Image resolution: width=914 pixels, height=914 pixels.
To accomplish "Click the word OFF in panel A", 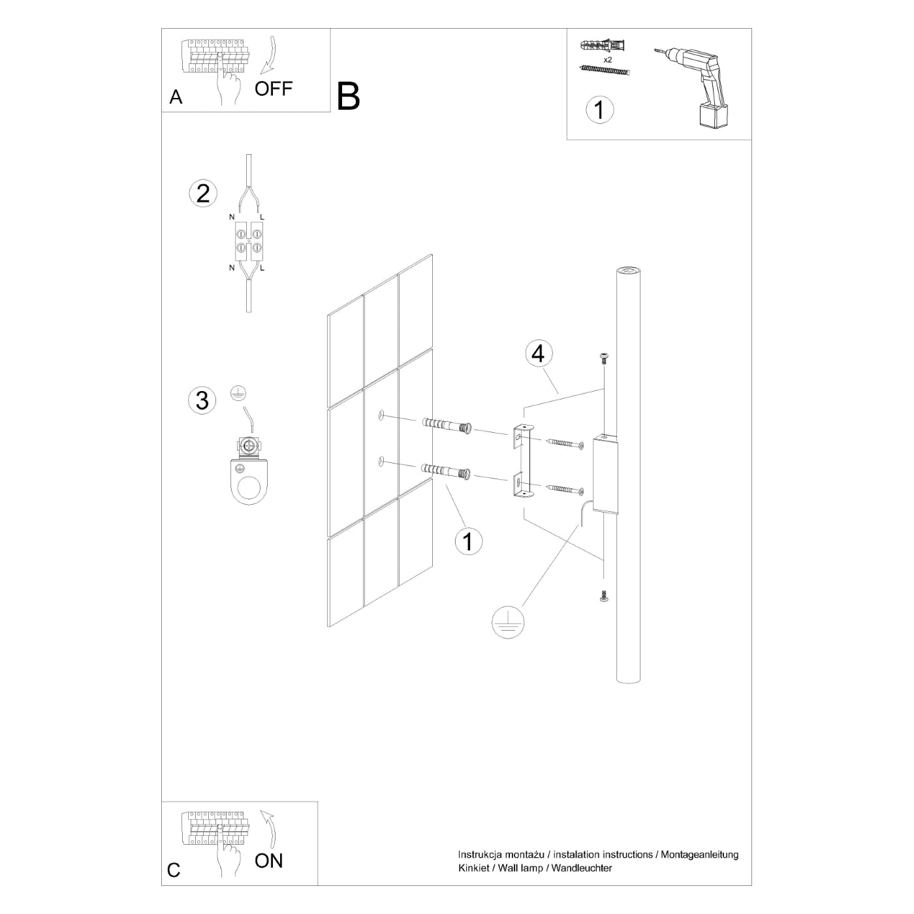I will coord(273,89).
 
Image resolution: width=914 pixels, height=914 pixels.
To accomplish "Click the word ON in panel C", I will coord(268,860).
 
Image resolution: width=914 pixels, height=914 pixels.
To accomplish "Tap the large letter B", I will coord(349,97).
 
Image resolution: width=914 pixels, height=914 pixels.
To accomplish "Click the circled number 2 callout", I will coord(203,194).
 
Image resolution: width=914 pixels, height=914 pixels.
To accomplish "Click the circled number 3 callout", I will coord(202,400).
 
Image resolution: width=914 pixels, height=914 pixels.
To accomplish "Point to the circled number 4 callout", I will coord(537,353).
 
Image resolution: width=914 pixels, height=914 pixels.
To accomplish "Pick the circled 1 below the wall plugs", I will coord(468,541).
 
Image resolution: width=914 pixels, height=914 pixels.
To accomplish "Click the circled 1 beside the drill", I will coord(599,110).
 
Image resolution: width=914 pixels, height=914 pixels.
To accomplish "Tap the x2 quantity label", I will coord(607,59).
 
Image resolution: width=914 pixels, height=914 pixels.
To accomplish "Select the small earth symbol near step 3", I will coord(239,393).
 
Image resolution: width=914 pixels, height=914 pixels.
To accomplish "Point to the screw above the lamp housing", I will coord(603,356).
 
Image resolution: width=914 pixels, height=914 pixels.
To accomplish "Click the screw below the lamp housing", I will coord(603,595).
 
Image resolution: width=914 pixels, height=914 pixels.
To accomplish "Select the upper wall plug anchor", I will coord(447,426).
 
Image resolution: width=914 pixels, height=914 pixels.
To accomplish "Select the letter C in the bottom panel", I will coord(174,870).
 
